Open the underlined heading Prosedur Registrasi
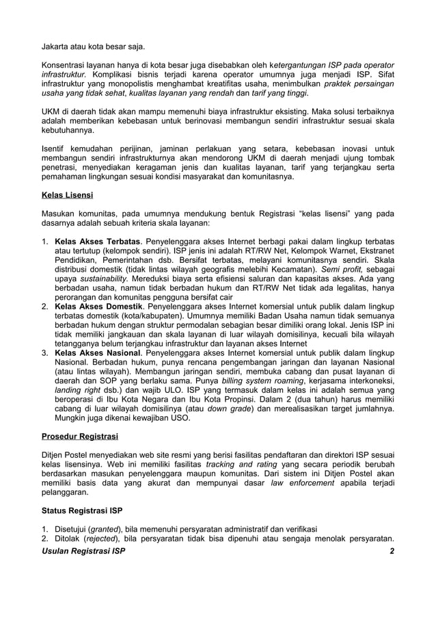pos(80,436)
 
